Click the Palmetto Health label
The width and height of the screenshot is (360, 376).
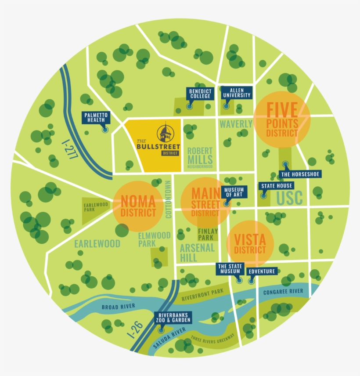[x=96, y=117]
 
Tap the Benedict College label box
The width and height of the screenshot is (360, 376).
[x=200, y=94]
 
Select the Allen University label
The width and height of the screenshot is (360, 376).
[x=237, y=92]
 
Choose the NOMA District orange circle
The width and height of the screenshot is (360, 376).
[x=138, y=206]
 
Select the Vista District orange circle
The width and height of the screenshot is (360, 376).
[x=250, y=244]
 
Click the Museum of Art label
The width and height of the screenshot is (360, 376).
[x=234, y=192]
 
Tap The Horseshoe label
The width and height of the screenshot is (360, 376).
[x=301, y=174]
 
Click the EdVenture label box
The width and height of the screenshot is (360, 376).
[x=262, y=271]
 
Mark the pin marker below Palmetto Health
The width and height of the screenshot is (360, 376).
[x=105, y=130]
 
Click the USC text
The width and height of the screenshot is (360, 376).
[x=290, y=198]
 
